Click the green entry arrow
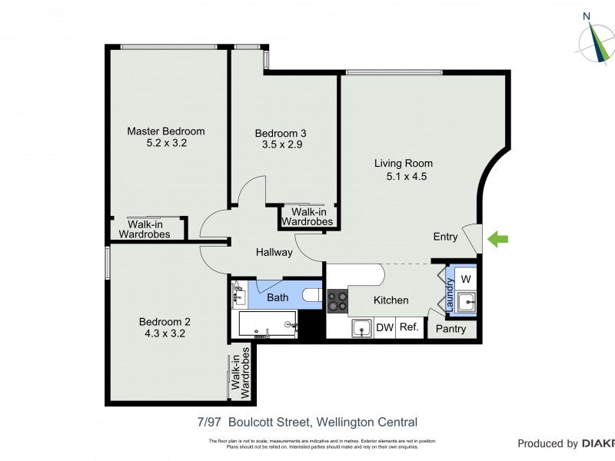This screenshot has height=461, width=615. (x=498, y=240)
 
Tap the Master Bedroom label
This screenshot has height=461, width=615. (x=166, y=131)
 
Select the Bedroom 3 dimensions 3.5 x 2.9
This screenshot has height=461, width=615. (x=281, y=144)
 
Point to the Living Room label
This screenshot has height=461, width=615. (x=404, y=163)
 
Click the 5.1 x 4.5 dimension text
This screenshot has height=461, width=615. (x=407, y=176)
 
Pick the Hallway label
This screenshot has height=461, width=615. (x=274, y=252)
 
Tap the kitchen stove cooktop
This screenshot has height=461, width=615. (x=337, y=300)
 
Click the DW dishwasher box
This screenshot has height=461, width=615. (x=384, y=327)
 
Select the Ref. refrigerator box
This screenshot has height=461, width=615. (x=409, y=327)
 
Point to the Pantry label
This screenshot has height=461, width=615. (x=450, y=329)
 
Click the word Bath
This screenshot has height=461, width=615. (x=278, y=297)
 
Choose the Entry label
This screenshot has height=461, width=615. (x=446, y=237)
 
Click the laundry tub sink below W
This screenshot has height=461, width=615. (x=466, y=302)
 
